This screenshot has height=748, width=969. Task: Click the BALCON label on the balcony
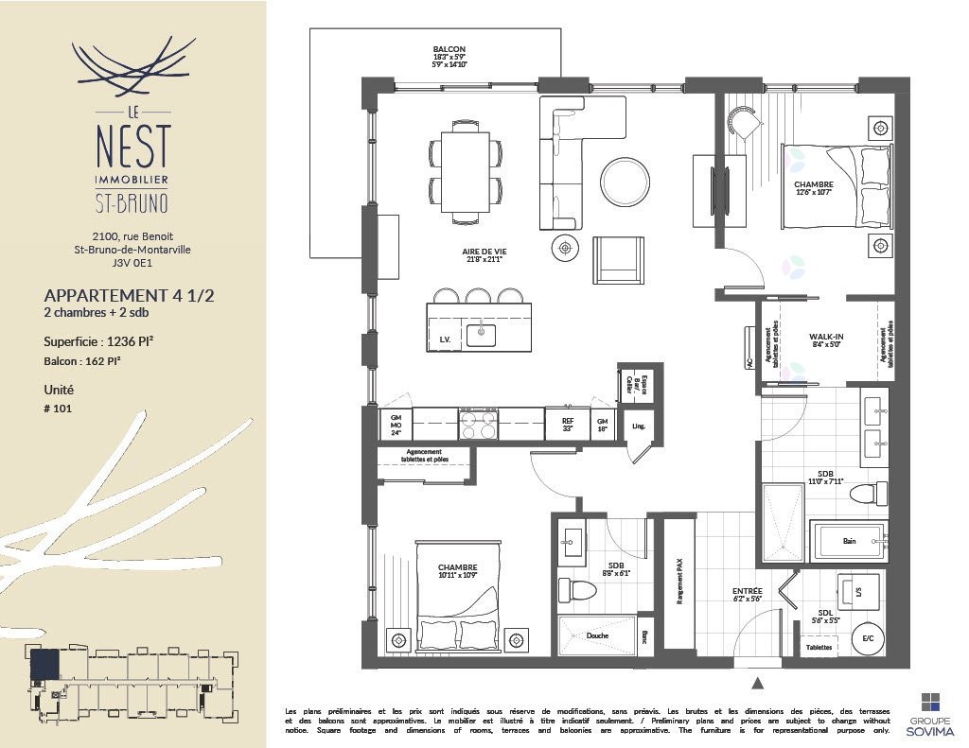[449, 49]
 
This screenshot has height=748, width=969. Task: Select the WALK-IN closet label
[826, 338]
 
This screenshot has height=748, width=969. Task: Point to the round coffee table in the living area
[625, 181]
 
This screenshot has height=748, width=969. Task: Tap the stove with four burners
[479, 425]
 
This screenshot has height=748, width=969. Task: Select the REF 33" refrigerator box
[568, 424]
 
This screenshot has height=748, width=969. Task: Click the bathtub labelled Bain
[849, 543]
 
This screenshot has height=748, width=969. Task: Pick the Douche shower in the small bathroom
[597, 635]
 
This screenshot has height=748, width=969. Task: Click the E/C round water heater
[867, 638]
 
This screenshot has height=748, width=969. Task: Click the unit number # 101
[58, 409]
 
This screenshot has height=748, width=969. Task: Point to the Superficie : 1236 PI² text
[98, 342]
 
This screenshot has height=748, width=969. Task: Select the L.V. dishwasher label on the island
[443, 338]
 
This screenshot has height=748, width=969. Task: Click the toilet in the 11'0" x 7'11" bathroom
[866, 493]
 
